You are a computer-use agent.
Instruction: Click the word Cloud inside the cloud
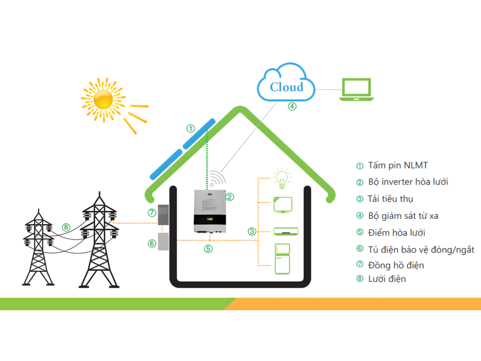287,87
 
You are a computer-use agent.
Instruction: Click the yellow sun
103,99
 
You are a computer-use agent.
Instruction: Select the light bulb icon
282,179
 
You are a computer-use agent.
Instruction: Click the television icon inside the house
282,205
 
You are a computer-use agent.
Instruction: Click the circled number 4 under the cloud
292,106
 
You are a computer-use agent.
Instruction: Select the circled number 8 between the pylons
66,228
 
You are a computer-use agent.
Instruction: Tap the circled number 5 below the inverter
208,249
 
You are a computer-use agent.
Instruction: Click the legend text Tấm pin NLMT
398,165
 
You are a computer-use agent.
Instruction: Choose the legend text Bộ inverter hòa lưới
411,182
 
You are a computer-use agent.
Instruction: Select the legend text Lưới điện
387,279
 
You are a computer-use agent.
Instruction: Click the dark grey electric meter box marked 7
163,216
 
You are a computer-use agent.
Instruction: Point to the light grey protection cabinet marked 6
163,242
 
